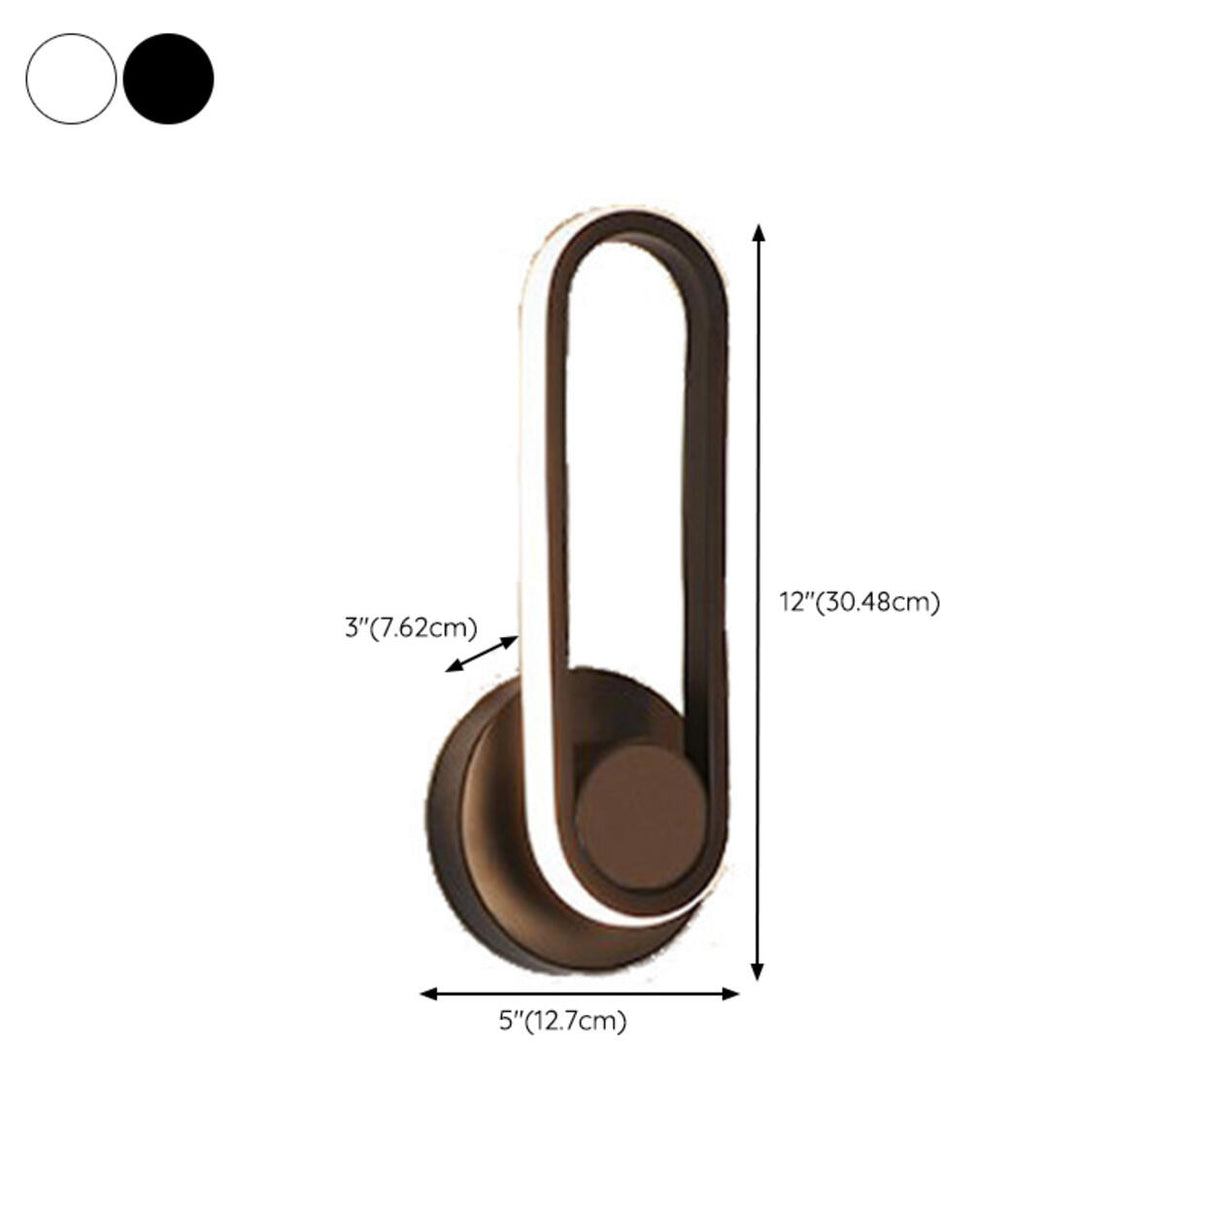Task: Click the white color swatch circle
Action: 71,79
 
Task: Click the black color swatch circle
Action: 168,79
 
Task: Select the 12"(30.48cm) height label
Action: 859,602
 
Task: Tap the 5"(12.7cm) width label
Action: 562,1021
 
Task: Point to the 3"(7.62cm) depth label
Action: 411,627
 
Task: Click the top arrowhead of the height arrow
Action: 759,232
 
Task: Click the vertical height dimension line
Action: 759,450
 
